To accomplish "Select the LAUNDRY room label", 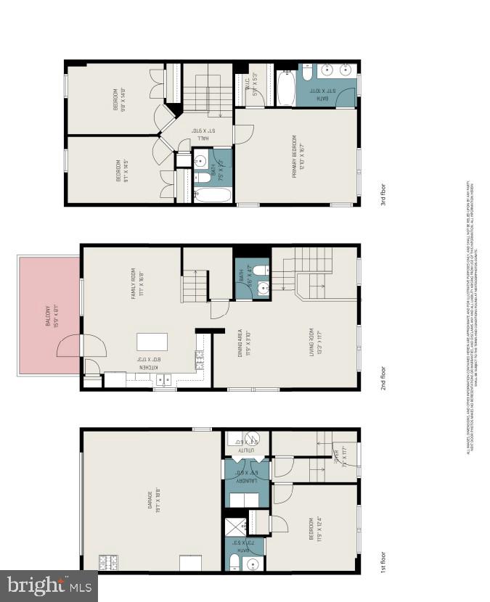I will pos(242,476).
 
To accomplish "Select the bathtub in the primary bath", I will pos(285,88).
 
